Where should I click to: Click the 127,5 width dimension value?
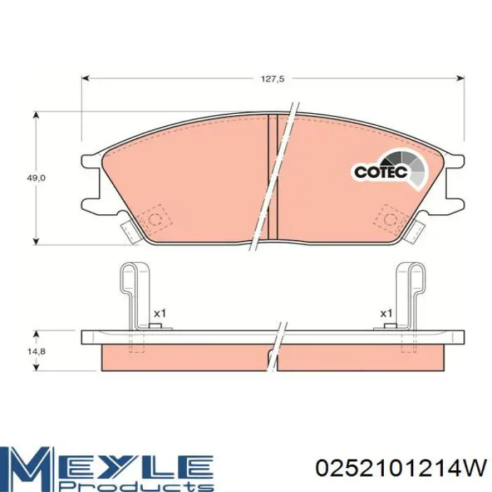[x=273, y=79]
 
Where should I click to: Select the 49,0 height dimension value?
[x=35, y=178]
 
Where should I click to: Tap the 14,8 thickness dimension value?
[x=37, y=351]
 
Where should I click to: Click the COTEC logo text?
[x=380, y=171]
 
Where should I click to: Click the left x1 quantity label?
[x=160, y=313]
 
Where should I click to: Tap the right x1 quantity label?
[x=386, y=313]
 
